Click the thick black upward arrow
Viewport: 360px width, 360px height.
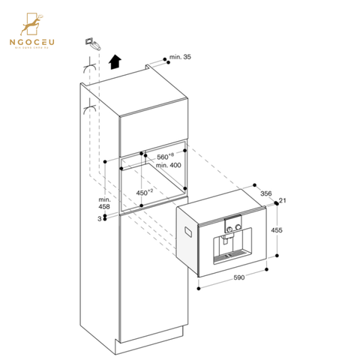(x=114, y=61)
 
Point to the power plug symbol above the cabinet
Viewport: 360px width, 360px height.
(x=90, y=42)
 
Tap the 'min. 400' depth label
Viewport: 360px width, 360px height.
(x=169, y=165)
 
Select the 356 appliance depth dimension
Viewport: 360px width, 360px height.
(x=265, y=193)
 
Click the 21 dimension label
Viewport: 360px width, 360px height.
(x=283, y=200)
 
